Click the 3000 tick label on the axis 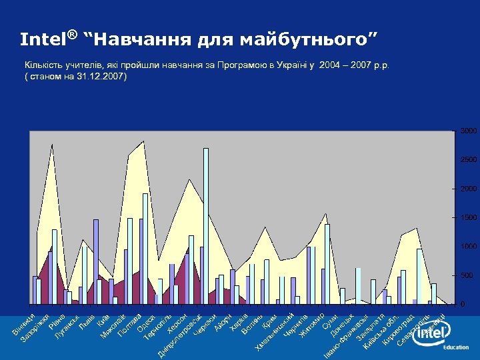tap(467, 131)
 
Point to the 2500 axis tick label tap(467, 160)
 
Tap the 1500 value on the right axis tap(467, 218)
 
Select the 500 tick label tap(467, 275)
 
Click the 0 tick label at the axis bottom tap(463, 304)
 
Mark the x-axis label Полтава tap(129, 323)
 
